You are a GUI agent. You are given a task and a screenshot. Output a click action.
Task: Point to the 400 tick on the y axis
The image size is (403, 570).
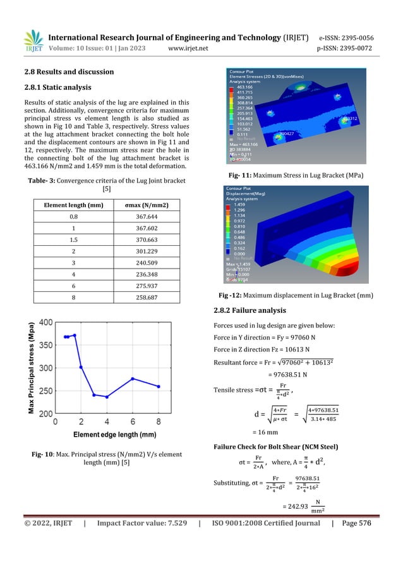45,322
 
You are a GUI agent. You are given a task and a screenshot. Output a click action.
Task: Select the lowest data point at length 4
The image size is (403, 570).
107,397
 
